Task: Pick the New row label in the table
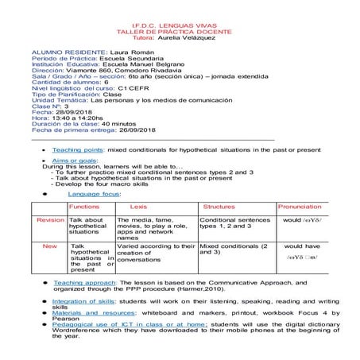click(x=50, y=246)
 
